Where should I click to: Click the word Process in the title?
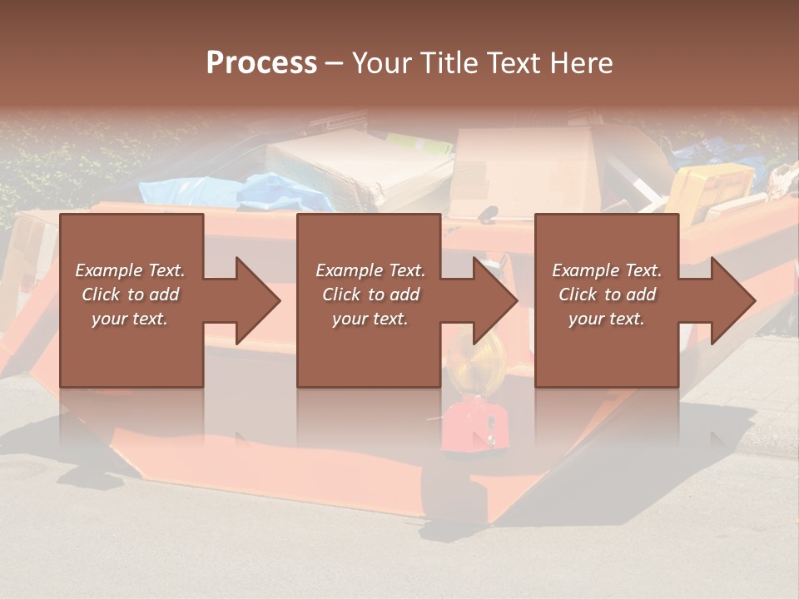pyautogui.click(x=261, y=63)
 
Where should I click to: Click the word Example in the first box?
pyautogui.click(x=109, y=270)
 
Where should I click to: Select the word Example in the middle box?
pyautogui.click(x=350, y=270)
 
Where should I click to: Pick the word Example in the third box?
pyautogui.click(x=586, y=270)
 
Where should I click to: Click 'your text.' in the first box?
pyautogui.click(x=130, y=319)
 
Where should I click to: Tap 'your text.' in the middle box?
pyautogui.click(x=370, y=319)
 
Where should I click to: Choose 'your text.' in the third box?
pyautogui.click(x=607, y=319)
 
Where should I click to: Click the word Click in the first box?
pyautogui.click(x=101, y=295)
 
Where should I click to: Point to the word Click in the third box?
pyautogui.click(x=578, y=295)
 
